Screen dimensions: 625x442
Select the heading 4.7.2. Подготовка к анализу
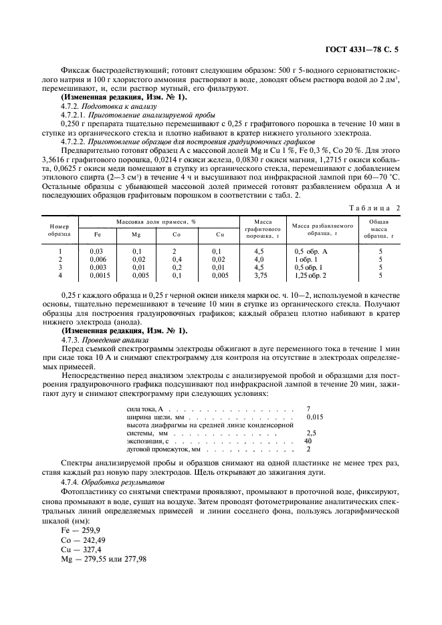108,106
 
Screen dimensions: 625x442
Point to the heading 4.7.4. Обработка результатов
108,481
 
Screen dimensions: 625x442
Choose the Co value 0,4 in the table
178,259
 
